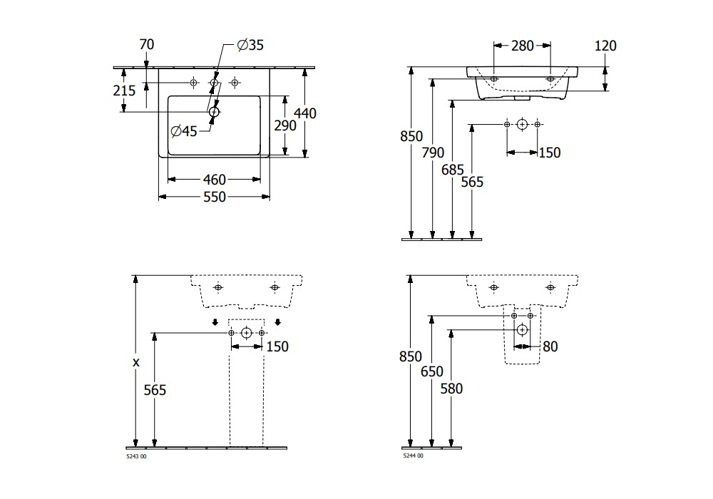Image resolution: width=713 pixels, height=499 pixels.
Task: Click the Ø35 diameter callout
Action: pos(250,45)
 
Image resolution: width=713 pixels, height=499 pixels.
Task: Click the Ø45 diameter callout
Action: pos(184,131)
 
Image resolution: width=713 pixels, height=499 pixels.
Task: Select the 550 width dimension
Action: pos(214,197)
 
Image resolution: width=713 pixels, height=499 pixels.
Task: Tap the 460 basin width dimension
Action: pos(214,180)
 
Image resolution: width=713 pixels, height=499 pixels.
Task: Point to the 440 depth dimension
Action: pos(305,113)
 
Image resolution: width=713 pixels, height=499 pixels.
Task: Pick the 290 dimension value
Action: pos(285,125)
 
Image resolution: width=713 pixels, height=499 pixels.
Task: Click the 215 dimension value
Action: pos(124,91)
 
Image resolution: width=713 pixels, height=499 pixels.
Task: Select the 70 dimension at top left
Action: pos(146,44)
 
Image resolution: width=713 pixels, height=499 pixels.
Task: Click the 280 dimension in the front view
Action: pos(523,46)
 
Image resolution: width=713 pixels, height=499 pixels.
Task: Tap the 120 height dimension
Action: pos(605,46)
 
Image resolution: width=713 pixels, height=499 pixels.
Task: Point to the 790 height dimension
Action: pos(433,153)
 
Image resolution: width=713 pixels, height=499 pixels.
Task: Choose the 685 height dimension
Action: pos(453,170)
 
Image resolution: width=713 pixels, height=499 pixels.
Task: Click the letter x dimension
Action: pos(136,363)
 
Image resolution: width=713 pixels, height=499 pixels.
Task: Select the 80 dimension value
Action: pos(550,346)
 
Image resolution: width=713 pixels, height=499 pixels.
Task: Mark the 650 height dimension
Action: pos(431,371)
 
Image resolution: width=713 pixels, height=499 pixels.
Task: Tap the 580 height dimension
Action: pos(451,389)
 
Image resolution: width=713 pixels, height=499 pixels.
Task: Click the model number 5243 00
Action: pos(136,456)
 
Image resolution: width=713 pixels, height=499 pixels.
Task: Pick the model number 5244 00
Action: pos(413,456)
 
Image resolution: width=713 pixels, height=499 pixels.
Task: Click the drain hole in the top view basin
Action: pos(214,112)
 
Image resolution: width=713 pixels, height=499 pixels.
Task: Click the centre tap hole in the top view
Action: pos(214,82)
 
